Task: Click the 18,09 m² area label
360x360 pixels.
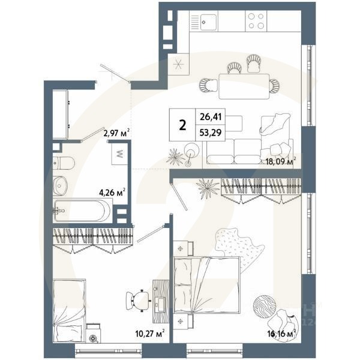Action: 280,161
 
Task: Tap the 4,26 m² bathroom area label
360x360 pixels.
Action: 112,193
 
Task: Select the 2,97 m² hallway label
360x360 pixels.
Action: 116,133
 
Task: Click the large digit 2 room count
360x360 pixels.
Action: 182,125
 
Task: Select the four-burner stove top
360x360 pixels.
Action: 257,23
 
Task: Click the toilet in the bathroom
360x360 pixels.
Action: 62,162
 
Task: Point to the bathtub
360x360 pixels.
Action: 83,211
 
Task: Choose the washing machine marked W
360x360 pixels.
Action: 119,155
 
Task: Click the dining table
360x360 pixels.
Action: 243,85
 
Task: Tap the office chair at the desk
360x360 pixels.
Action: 139,298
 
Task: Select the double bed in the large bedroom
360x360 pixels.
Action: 206,284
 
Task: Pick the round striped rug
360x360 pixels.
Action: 264,307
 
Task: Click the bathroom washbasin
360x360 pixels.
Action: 60,186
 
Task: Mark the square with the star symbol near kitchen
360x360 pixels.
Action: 178,65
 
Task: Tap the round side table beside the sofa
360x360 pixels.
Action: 191,149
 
